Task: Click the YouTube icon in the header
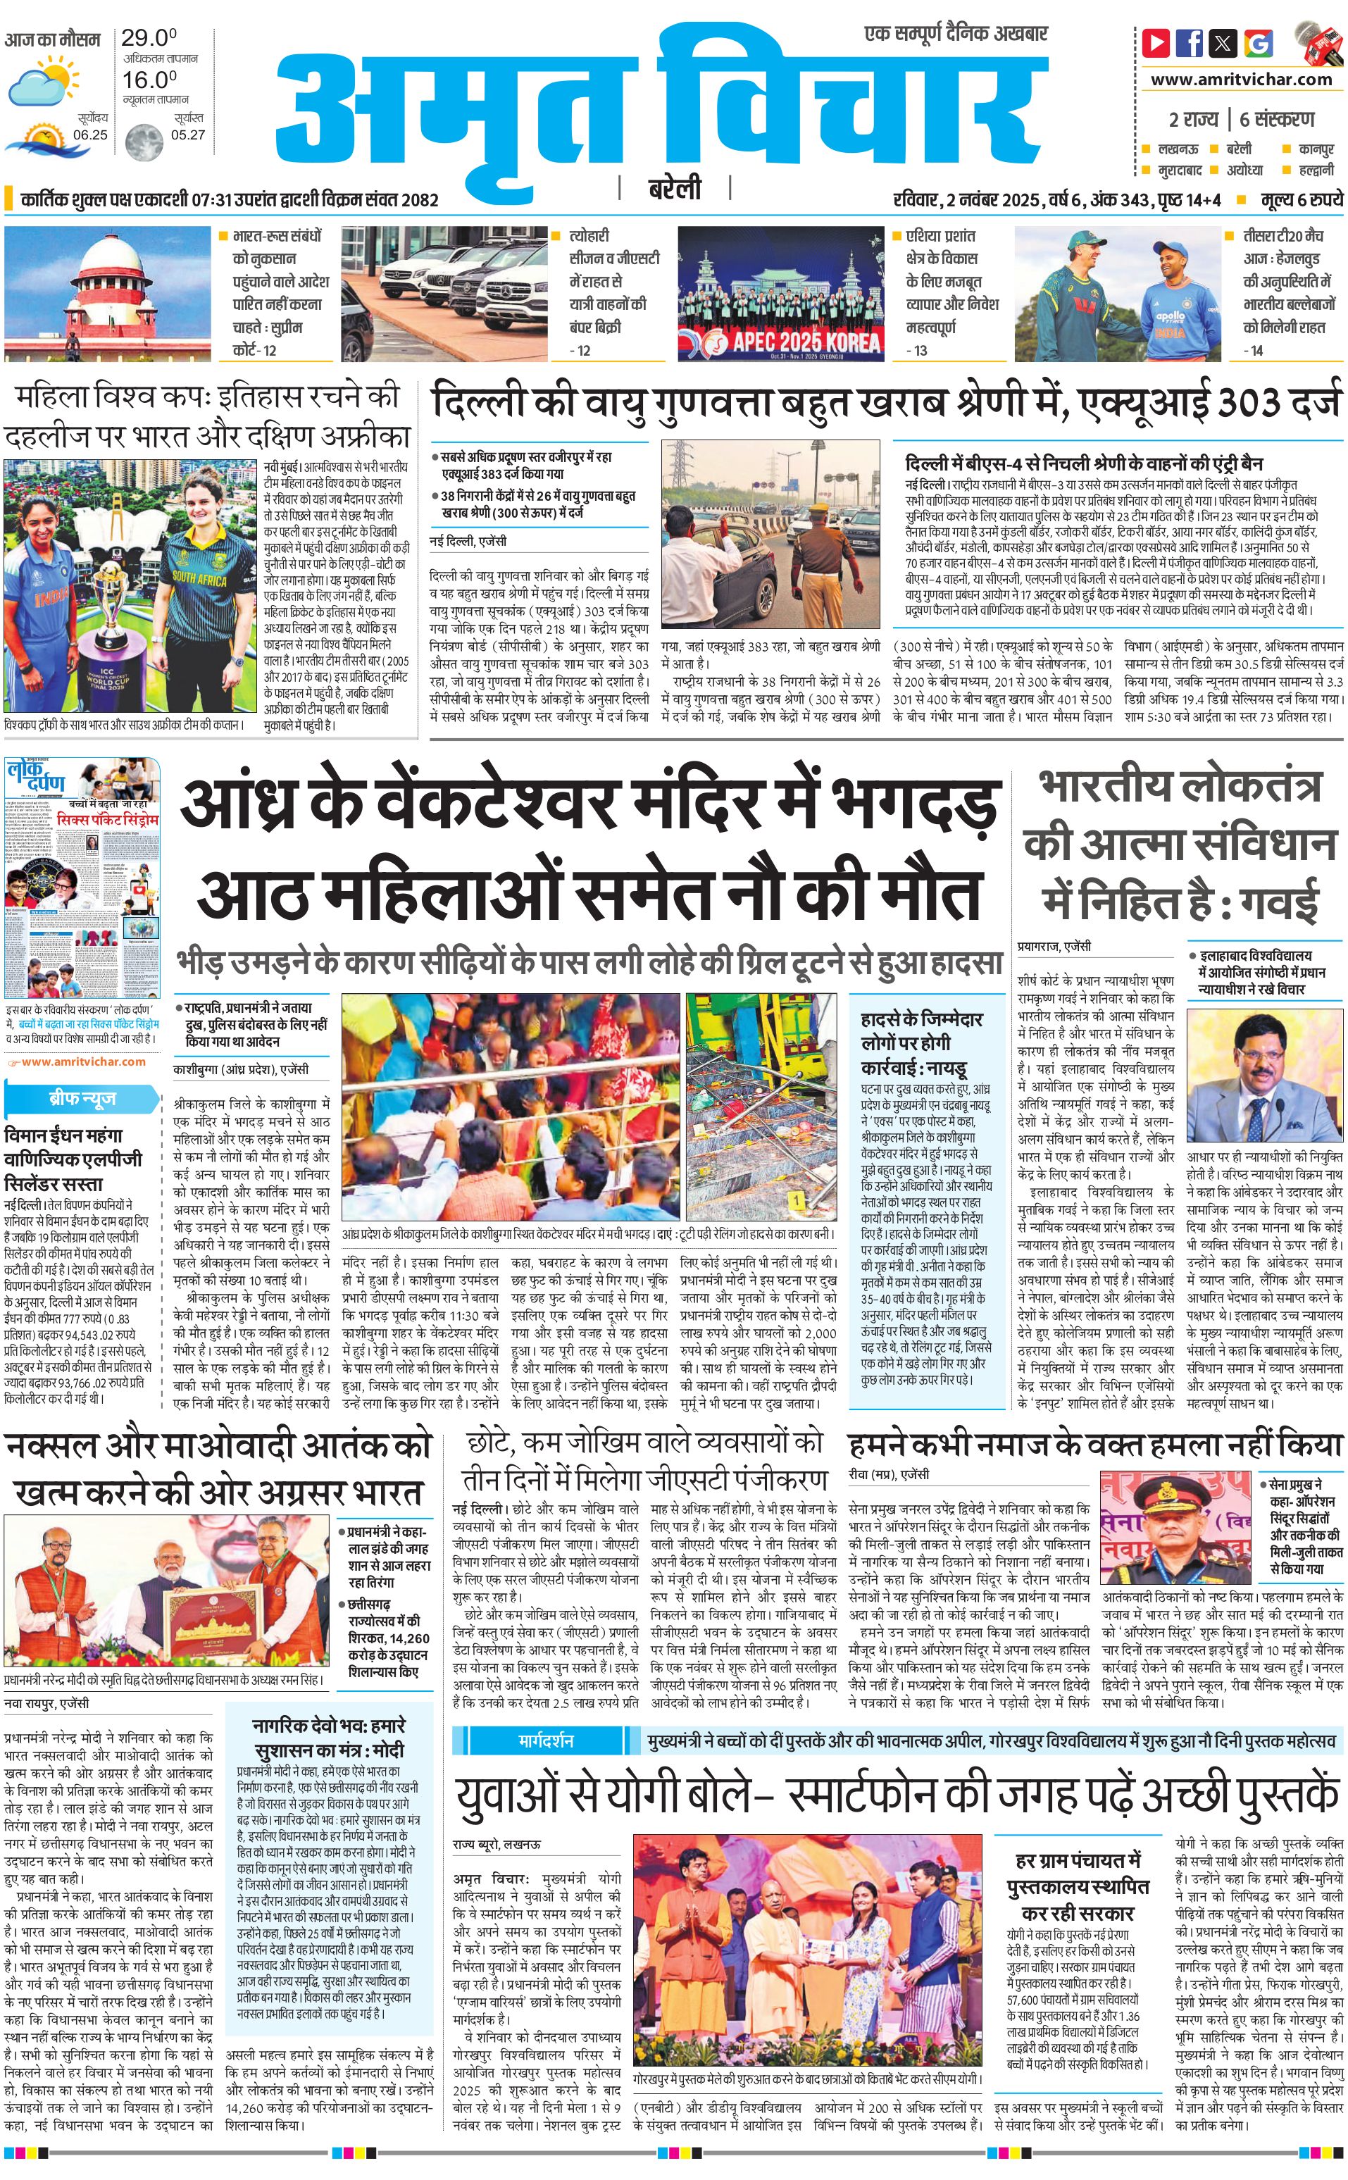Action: (x=1156, y=42)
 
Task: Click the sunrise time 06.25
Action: (x=90, y=135)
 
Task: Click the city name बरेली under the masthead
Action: (x=675, y=189)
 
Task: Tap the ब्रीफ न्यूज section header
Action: (x=82, y=1099)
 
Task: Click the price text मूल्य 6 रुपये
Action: (x=1301, y=200)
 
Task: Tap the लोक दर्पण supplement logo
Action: (x=37, y=782)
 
